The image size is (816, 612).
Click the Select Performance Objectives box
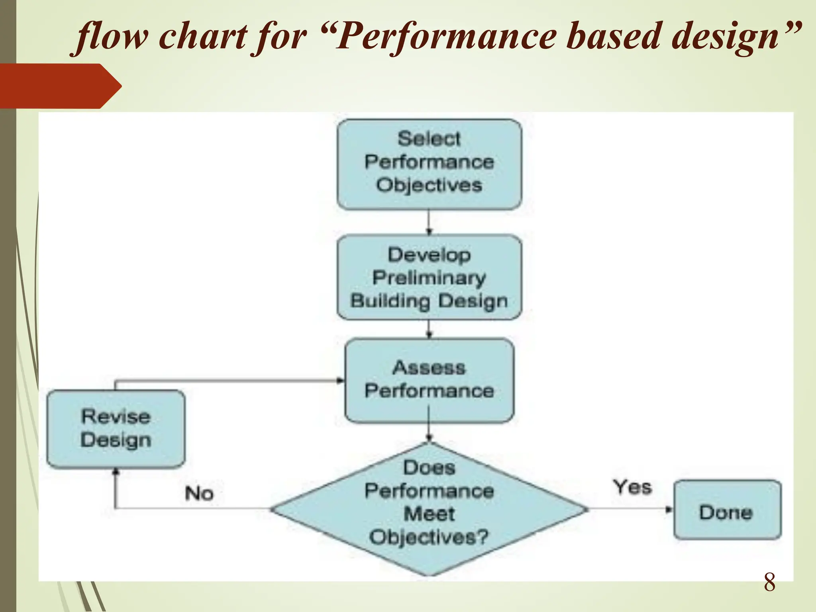click(x=429, y=164)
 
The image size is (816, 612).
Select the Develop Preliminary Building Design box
click(x=429, y=277)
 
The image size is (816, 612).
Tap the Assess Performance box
click(x=429, y=380)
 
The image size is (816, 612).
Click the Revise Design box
click(x=116, y=428)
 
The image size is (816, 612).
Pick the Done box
click(x=727, y=510)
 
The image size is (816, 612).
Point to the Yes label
click(x=632, y=487)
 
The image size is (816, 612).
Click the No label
click(x=199, y=493)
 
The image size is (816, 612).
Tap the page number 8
click(x=769, y=583)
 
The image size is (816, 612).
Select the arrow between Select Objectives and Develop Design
click(x=429, y=222)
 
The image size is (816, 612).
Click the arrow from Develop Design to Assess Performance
click(x=429, y=329)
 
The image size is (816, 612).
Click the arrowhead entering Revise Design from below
click(x=116, y=472)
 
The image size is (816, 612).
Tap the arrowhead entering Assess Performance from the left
click(x=341, y=381)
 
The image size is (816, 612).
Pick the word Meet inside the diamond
click(x=429, y=514)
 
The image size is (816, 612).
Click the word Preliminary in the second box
click(x=429, y=278)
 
